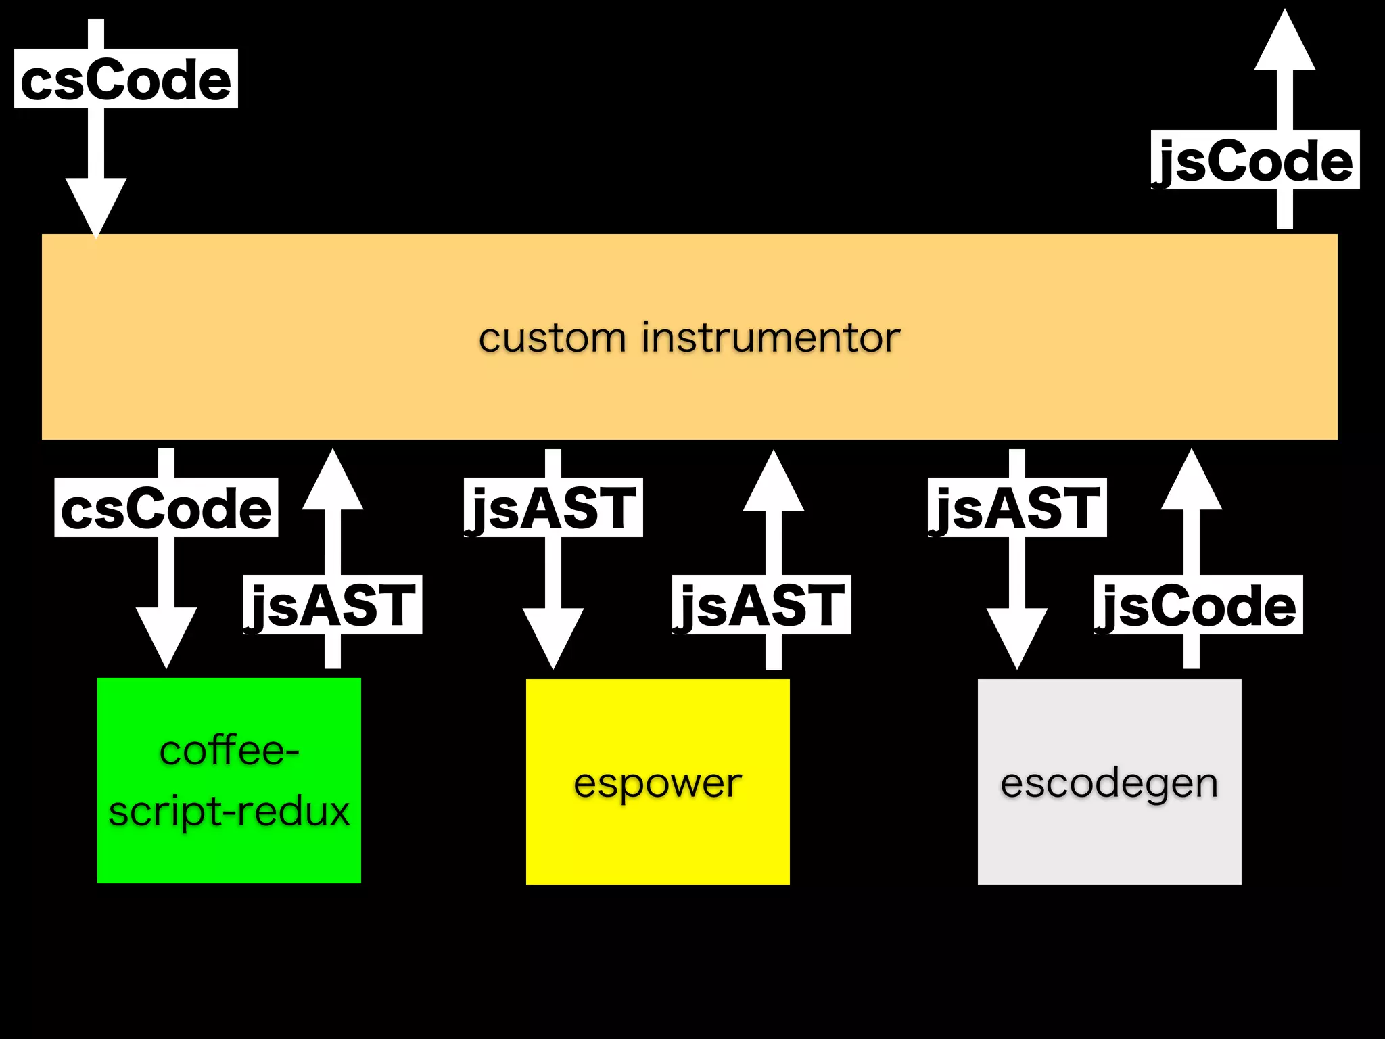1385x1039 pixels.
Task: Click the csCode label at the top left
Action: [126, 79]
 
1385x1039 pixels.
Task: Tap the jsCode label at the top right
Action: [1254, 160]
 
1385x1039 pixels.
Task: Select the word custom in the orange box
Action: [552, 338]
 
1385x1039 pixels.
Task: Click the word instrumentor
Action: [770, 338]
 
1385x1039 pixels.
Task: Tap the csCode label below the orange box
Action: [166, 508]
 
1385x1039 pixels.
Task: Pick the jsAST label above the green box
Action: [332, 605]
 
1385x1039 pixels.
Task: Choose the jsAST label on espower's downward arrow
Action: [553, 508]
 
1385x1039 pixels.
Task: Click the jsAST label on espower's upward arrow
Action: [761, 605]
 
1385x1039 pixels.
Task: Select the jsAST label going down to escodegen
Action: [1016, 508]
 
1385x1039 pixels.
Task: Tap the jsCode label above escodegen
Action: [1198, 605]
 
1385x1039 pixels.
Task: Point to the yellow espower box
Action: [657, 839]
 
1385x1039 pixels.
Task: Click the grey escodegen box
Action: [1109, 839]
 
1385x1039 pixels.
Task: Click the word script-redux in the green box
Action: [229, 811]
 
